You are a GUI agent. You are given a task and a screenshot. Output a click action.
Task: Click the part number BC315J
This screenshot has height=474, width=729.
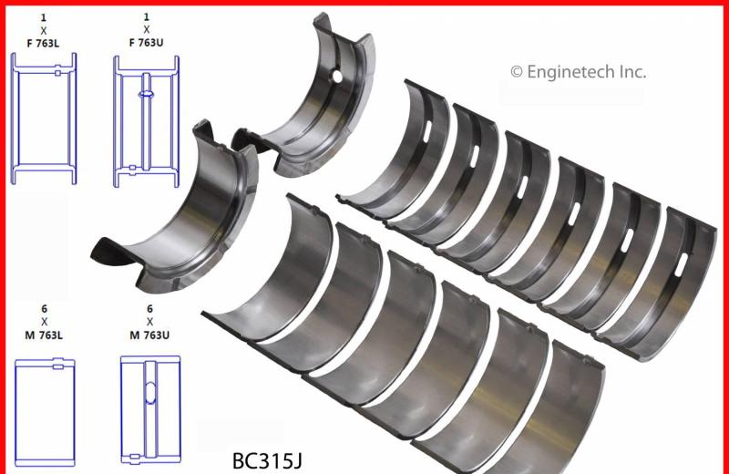click(x=267, y=461)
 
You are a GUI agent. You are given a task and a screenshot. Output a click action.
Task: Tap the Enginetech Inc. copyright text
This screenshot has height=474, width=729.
click(x=578, y=72)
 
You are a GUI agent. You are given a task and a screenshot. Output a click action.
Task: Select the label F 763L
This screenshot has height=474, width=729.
click(x=43, y=44)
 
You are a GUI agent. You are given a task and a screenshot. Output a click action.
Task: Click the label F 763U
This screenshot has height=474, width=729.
click(x=146, y=43)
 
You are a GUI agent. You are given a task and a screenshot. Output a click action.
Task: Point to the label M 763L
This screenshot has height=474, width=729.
click(x=44, y=335)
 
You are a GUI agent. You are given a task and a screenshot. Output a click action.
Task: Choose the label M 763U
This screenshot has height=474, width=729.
click(x=149, y=335)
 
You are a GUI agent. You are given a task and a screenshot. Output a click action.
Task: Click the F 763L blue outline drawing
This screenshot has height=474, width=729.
click(x=44, y=118)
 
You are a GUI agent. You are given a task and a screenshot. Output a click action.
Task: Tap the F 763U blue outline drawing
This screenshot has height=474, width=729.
click(x=147, y=122)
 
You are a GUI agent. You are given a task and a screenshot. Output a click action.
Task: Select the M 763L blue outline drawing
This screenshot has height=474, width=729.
click(x=45, y=412)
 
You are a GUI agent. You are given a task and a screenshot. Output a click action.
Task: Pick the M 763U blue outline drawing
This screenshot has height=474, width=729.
click(x=150, y=410)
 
